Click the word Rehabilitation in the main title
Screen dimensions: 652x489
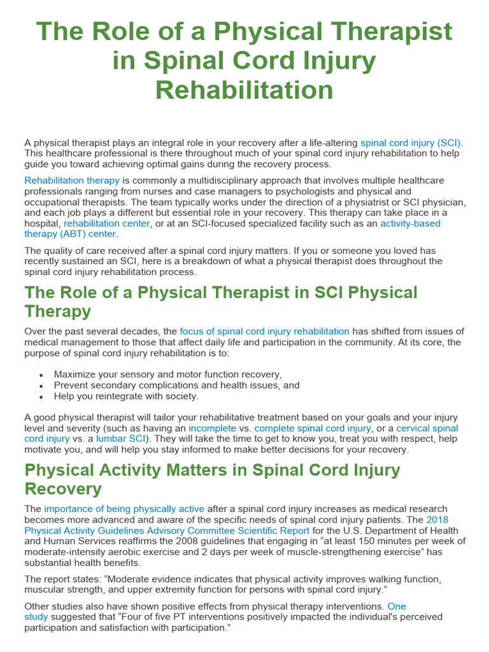244,90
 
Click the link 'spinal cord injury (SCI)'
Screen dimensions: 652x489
411,143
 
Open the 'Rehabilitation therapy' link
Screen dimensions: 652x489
72,180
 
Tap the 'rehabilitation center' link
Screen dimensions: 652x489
107,223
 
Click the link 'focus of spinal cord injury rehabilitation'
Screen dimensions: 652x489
264,331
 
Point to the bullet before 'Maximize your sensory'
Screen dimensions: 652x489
41,375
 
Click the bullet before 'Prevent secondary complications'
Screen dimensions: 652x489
41,386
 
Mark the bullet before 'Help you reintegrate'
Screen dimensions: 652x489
41,397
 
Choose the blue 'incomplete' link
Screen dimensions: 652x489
212,429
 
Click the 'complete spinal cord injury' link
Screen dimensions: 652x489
313,429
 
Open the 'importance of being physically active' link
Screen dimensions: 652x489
124,509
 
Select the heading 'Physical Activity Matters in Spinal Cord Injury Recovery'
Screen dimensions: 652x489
212,479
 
